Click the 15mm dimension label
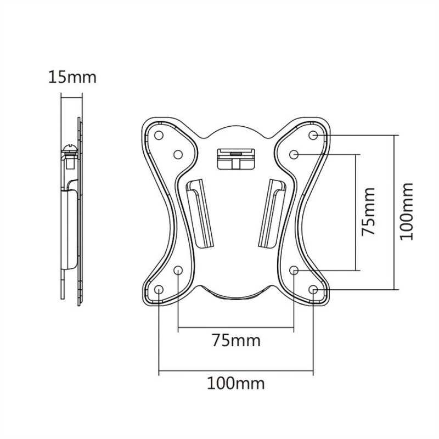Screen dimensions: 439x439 72,77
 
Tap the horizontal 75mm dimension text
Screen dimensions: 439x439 235,340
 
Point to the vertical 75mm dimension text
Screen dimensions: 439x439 368,212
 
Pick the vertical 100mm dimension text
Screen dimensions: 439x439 407,212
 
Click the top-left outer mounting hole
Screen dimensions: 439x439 159,134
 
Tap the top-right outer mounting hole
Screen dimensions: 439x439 313,134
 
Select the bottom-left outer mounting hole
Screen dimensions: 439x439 159,289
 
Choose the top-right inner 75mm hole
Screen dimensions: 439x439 294,154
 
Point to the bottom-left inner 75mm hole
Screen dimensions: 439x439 178,270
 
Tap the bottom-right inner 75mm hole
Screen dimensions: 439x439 294,270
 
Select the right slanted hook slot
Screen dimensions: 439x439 271,214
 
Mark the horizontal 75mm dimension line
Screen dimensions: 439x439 236,330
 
